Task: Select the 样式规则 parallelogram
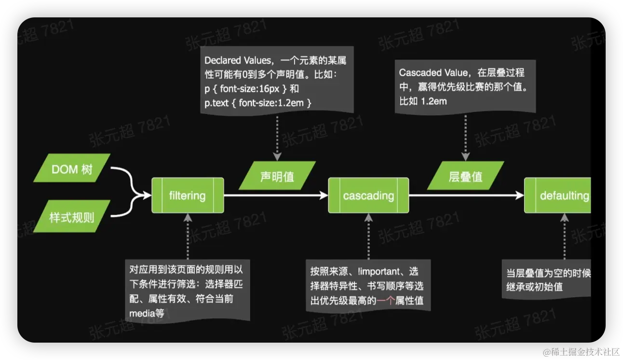(71, 217)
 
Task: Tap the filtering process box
(188, 195)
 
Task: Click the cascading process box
(368, 195)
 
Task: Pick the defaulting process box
(559, 195)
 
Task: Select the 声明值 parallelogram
(277, 176)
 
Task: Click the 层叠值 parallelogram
(465, 176)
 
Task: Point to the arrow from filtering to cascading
(275, 195)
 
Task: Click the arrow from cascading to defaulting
(465, 195)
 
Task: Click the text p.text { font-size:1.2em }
(258, 103)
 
